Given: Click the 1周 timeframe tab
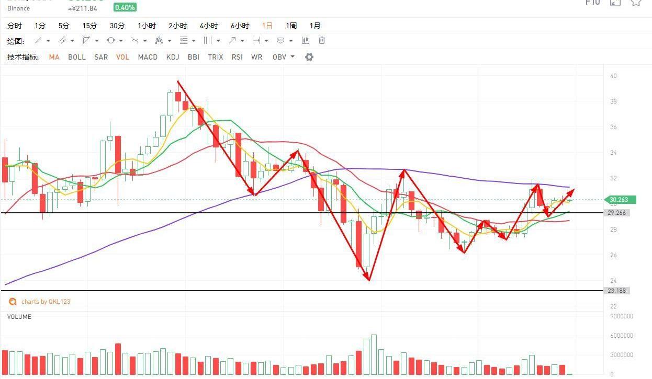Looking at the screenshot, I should pyautogui.click(x=291, y=26).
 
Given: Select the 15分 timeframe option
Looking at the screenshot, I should pyautogui.click(x=89, y=26).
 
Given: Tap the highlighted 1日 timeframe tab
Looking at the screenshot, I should pyautogui.click(x=267, y=26).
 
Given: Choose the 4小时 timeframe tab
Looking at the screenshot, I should pyautogui.click(x=209, y=26).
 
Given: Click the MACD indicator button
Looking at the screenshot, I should pyautogui.click(x=148, y=57).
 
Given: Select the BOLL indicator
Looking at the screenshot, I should pyautogui.click(x=77, y=57).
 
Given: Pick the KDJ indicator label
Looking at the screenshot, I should pyautogui.click(x=173, y=57).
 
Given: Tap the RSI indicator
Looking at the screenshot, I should pyautogui.click(x=237, y=57).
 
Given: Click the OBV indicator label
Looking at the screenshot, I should pyautogui.click(x=279, y=57).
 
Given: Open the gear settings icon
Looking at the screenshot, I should pyautogui.click(x=309, y=57).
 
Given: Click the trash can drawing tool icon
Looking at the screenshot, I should pyautogui.click(x=322, y=40).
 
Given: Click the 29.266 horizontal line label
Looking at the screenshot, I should pyautogui.click(x=617, y=213).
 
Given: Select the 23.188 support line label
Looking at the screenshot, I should pyautogui.click(x=617, y=291).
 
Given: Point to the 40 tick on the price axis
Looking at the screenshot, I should pyautogui.click(x=613, y=76).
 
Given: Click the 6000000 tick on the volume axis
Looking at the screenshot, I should pyautogui.click(x=622, y=336).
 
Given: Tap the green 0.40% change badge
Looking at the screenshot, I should pyautogui.click(x=125, y=7).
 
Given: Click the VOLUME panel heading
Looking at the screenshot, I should pyautogui.click(x=19, y=317).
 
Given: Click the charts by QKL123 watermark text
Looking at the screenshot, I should pyautogui.click(x=46, y=302).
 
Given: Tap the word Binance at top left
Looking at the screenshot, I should pyautogui.click(x=19, y=8).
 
